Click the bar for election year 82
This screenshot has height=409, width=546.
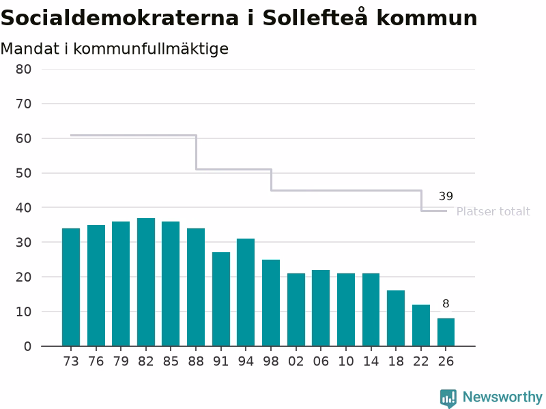pos(146,282)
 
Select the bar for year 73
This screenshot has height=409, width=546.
pos(71,287)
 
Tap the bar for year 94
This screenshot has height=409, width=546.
pos(246,292)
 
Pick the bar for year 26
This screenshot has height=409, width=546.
pos(446,332)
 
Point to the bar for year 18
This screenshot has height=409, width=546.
pos(396,318)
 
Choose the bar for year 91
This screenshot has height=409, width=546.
pos(221,299)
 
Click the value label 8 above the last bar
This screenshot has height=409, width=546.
pos(446,303)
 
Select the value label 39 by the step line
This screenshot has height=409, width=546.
pos(446,196)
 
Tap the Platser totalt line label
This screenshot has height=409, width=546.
pos(493,211)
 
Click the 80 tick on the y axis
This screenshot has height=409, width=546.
pos(23,70)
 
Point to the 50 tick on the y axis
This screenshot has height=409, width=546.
pos(23,173)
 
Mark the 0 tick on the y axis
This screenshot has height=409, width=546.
pos(27,346)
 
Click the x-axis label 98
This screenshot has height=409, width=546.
pos(271,362)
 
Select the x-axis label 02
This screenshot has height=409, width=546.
pos(296,362)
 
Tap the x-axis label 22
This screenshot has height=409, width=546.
pos(421,362)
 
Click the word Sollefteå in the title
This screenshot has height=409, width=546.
pos(315,18)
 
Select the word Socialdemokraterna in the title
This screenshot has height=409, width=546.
pos(120,18)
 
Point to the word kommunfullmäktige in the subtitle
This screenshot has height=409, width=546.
pos(151,49)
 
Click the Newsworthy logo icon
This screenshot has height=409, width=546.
pos(448,398)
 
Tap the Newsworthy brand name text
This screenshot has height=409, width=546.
pos(502,397)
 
